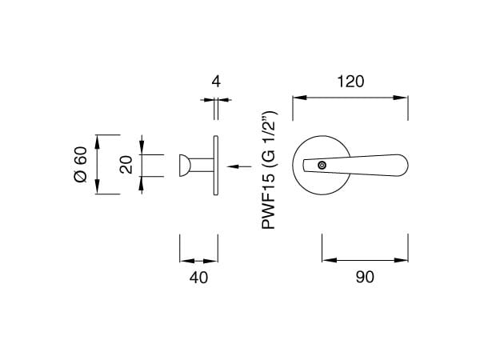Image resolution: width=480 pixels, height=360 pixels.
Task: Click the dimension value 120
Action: (350, 82)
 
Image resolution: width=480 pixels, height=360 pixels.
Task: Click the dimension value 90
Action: (365, 277)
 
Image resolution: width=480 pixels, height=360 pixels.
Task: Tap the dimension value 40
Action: (198, 278)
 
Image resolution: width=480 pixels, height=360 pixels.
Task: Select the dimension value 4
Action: (216, 82)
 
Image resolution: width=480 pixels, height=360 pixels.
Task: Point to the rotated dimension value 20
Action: (126, 165)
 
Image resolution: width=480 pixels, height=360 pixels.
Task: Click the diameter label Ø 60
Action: (81, 164)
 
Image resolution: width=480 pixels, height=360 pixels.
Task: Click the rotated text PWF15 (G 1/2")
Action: (269, 170)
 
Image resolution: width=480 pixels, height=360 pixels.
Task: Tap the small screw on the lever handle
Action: (322, 166)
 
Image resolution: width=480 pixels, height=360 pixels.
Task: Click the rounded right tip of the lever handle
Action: (407, 166)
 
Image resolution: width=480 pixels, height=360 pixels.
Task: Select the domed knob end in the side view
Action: (185, 166)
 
